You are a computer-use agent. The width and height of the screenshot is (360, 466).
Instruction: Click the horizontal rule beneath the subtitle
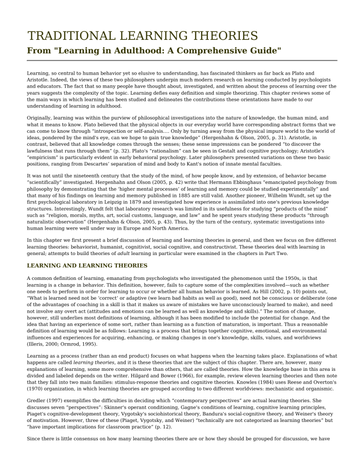[x=182, y=60]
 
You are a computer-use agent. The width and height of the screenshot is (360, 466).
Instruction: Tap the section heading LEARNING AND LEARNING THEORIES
[x=87, y=265]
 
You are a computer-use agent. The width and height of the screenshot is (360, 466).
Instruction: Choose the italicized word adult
[x=124, y=253]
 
